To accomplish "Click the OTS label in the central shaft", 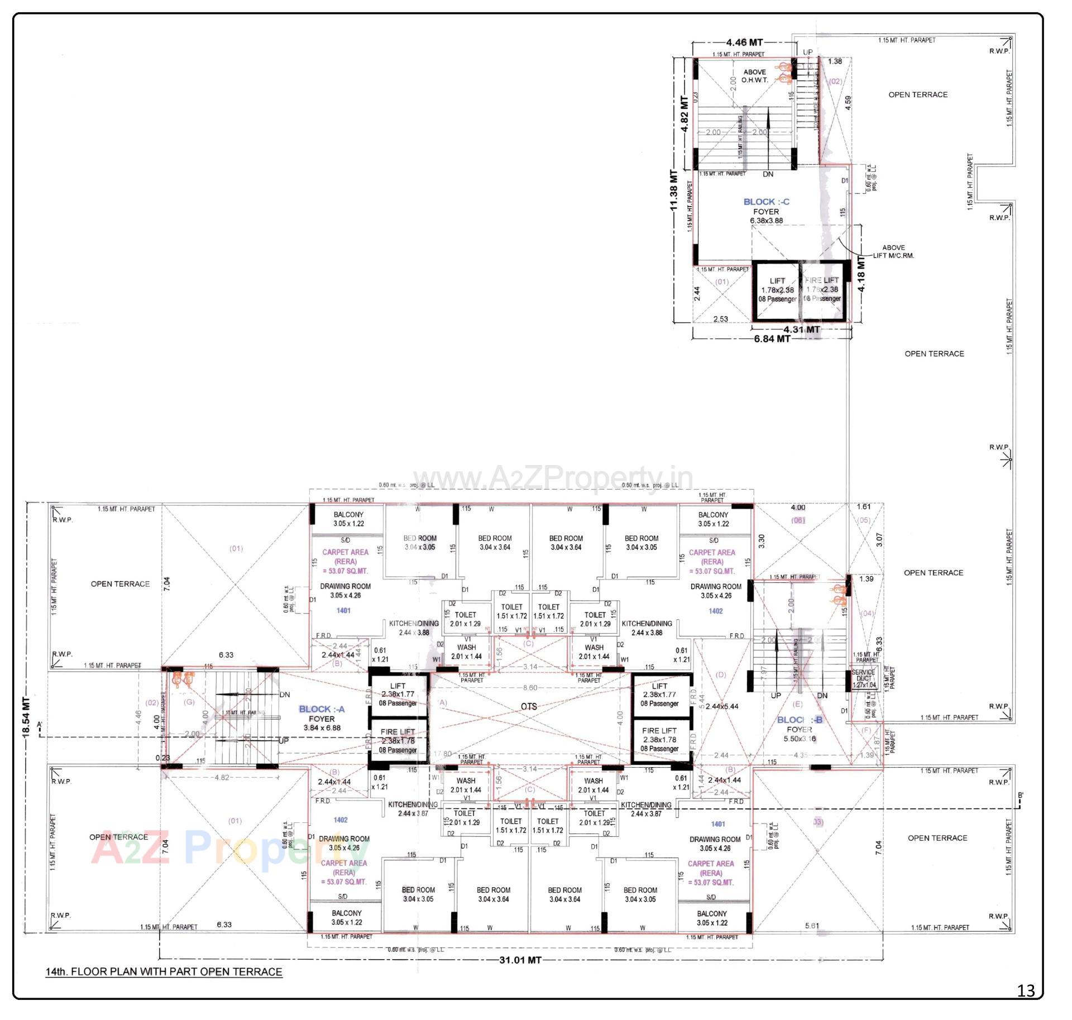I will [528, 706].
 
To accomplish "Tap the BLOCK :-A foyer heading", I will [322, 709].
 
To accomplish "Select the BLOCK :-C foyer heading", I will [766, 202].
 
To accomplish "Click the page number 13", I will [1026, 990].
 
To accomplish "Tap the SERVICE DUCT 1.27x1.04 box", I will [864, 678].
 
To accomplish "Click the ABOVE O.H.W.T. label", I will [754, 76].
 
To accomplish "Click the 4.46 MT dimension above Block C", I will [744, 42].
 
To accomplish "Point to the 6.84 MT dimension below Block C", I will [772, 339].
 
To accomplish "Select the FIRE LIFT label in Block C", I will [822, 280].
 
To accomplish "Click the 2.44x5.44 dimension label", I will [721, 706].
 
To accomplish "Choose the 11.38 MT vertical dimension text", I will [674, 190].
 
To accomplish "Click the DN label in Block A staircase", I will [285, 695].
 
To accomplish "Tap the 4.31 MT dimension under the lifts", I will [801, 329].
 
